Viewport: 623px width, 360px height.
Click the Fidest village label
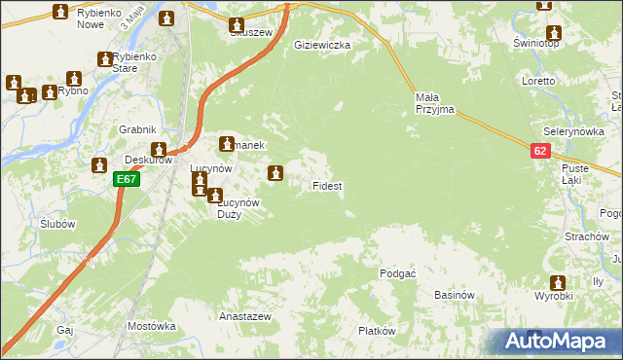point(326,185)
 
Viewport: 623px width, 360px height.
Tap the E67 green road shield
point(127,179)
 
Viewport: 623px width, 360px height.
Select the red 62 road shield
point(541,151)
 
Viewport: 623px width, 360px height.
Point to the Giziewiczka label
point(322,45)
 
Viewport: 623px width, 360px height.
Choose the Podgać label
point(398,273)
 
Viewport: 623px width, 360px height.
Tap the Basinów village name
point(454,295)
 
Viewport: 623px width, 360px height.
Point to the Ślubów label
point(58,222)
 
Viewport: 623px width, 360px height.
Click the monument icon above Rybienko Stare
point(105,59)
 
